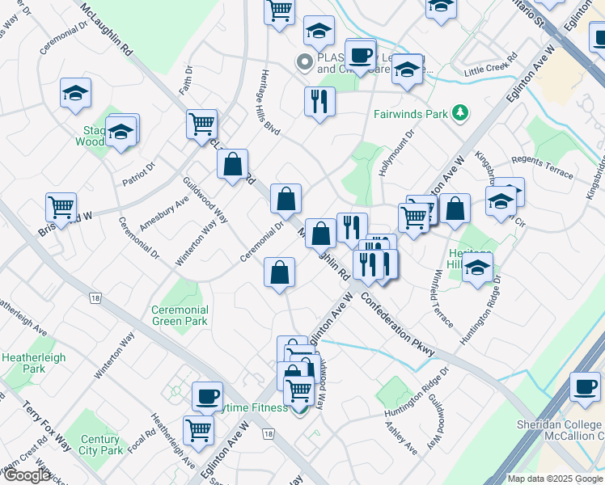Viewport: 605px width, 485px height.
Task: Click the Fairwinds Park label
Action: [410, 114]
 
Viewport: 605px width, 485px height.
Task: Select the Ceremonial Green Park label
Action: [180, 315]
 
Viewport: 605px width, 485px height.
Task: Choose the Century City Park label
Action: [100, 445]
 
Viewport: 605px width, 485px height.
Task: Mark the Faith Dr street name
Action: [187, 84]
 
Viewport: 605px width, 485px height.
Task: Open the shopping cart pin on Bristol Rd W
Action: [61, 208]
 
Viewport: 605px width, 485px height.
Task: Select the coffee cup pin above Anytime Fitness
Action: [207, 396]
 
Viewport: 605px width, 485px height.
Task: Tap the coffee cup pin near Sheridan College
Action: [584, 386]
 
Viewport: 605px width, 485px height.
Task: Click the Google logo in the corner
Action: [27, 476]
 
